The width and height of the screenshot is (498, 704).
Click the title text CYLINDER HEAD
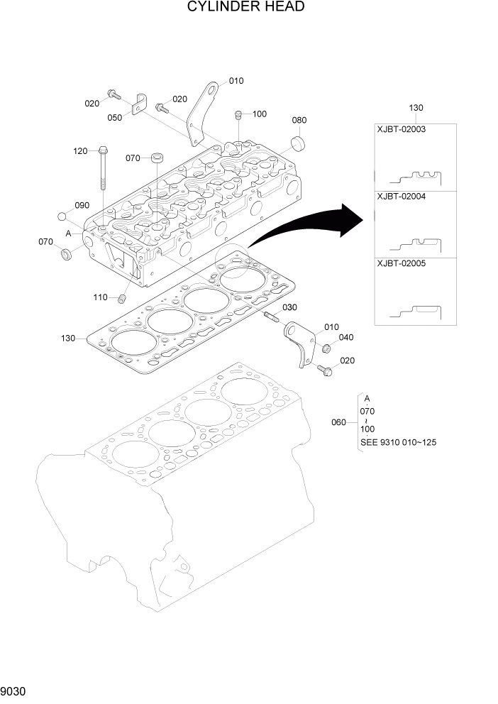tap(246, 7)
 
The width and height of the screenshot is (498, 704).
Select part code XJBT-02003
tap(401, 130)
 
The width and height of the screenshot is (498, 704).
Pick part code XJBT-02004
tap(401, 197)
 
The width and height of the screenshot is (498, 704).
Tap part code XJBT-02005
tap(401, 263)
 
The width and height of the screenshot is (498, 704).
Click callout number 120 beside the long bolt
tap(80, 151)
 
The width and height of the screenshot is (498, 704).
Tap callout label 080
tap(299, 120)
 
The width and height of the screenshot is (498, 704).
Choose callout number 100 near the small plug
tap(259, 114)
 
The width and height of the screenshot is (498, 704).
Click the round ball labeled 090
tap(62, 216)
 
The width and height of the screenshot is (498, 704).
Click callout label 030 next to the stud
tap(289, 307)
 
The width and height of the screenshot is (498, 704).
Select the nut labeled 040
tap(326, 348)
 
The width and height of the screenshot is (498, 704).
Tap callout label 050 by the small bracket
tap(114, 118)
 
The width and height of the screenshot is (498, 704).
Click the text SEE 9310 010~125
tap(398, 442)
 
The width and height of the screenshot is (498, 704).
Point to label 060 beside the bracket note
tap(339, 423)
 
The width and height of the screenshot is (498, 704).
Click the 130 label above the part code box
tap(416, 108)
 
